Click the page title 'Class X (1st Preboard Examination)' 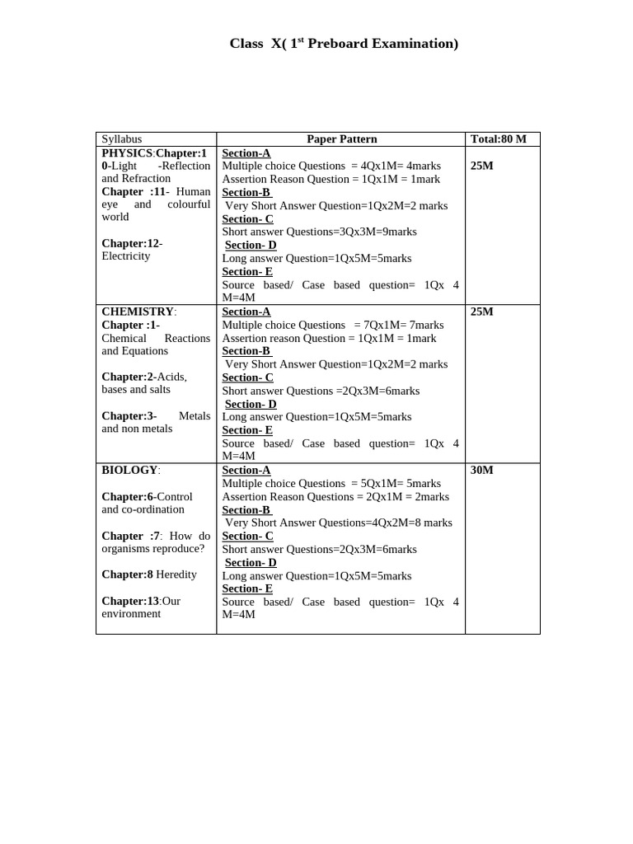coord(344,44)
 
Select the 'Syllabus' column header coord(121,139)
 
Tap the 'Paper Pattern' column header coord(341,139)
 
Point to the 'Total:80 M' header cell coord(497,139)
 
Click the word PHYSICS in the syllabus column coord(127,153)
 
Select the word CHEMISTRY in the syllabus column coord(138,312)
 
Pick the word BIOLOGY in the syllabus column coord(129,470)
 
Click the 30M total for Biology coord(481,470)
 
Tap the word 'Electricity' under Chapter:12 coord(125,256)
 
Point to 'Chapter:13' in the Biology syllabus coord(130,601)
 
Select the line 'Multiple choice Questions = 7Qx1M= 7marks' coord(333,325)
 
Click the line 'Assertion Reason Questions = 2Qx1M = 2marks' coord(335,496)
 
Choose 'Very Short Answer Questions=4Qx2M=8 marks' coord(338,523)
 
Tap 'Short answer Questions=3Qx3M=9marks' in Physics coord(319,232)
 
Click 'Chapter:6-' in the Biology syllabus coord(129,496)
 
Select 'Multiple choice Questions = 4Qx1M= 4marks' coord(331,166)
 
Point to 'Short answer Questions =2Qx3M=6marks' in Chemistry coord(321,391)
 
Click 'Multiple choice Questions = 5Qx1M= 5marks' coord(331,483)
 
